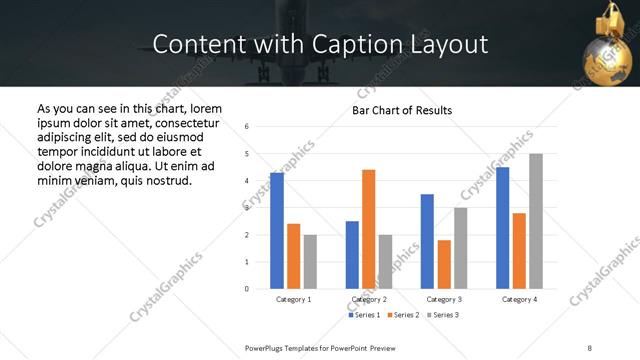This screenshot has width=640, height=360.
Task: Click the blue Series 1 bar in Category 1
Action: [277, 231]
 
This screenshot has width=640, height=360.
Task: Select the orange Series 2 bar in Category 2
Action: [368, 229]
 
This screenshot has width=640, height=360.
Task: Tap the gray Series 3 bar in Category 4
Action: [536, 221]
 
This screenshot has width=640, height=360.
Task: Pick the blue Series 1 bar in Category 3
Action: [427, 241]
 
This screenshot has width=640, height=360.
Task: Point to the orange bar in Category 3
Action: [444, 264]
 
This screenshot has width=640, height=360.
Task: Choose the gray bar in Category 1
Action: [311, 261]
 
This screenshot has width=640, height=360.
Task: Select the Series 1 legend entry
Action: [362, 315]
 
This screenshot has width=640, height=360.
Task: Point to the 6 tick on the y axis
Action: [247, 127]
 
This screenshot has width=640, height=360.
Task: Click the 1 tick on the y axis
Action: [247, 262]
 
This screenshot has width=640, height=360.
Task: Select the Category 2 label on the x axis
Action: [368, 299]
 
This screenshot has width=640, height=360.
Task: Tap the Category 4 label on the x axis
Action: [519, 299]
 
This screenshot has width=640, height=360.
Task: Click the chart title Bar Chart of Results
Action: [402, 110]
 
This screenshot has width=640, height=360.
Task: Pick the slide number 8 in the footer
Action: [589, 347]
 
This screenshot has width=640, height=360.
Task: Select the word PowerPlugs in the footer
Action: [265, 347]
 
